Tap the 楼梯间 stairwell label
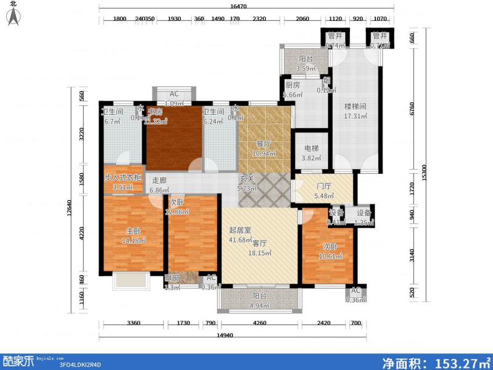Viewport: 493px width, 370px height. (356, 106)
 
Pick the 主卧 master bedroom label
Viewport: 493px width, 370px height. (133, 231)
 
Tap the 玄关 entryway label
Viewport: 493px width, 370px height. (247, 180)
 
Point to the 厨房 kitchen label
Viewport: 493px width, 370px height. (292, 86)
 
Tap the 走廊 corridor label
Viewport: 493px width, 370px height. (159, 181)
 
